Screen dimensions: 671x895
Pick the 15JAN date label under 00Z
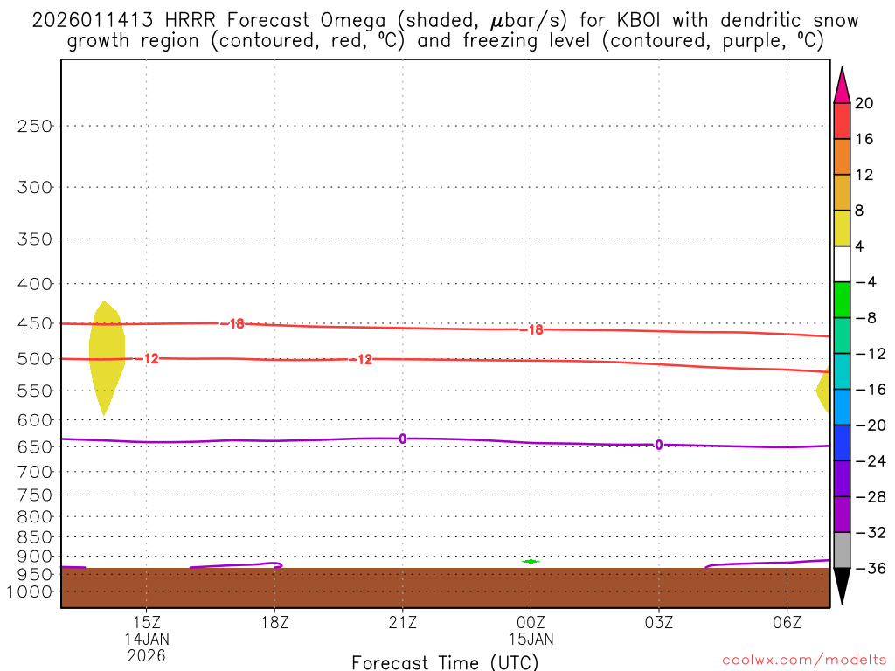[531, 639]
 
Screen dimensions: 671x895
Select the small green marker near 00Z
[531, 561]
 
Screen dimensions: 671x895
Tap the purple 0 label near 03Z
[658, 445]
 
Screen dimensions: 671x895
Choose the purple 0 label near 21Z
[402, 439]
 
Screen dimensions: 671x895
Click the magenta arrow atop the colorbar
[842, 86]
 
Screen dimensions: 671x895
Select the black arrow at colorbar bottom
[842, 585]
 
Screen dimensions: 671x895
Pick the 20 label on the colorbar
[864, 103]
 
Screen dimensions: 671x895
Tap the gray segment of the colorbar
[842, 550]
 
